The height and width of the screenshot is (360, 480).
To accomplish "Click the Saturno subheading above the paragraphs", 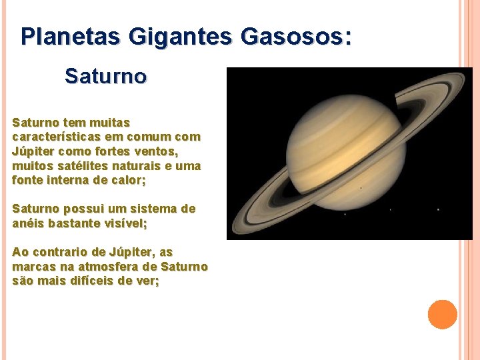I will [105, 77].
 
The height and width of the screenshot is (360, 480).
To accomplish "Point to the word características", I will [53, 137].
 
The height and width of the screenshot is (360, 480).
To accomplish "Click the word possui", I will [82, 209].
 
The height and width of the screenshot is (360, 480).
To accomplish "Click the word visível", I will [125, 223].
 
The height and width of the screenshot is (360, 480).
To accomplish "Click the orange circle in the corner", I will [443, 315].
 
